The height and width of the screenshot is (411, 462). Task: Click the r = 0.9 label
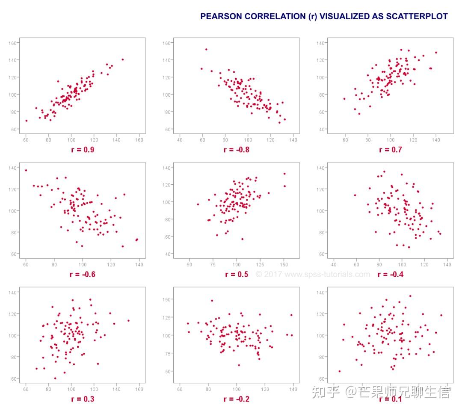(x=83, y=150)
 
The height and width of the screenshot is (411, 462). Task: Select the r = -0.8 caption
(x=236, y=150)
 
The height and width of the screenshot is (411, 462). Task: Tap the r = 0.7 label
(x=390, y=150)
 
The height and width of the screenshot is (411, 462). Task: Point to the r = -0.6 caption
(x=83, y=274)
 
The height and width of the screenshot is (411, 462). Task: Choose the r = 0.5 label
(x=237, y=274)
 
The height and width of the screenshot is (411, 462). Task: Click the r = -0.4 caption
(x=390, y=274)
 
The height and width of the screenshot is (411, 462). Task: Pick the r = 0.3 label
(x=83, y=399)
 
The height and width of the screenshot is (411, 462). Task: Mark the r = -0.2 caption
(x=236, y=399)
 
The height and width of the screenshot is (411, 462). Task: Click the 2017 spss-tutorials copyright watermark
(x=313, y=274)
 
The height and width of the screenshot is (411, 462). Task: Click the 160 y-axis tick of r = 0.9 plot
(x=12, y=43)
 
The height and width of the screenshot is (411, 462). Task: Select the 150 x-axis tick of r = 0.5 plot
(x=283, y=265)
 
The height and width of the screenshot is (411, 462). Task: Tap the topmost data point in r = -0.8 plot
(x=206, y=49)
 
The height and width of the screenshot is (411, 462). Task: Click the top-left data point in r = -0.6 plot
(x=26, y=170)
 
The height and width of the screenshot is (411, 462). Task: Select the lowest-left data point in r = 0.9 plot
(x=26, y=121)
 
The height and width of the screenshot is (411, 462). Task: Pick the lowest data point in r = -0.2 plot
(x=239, y=365)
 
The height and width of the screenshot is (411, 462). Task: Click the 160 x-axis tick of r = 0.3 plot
(x=139, y=390)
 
